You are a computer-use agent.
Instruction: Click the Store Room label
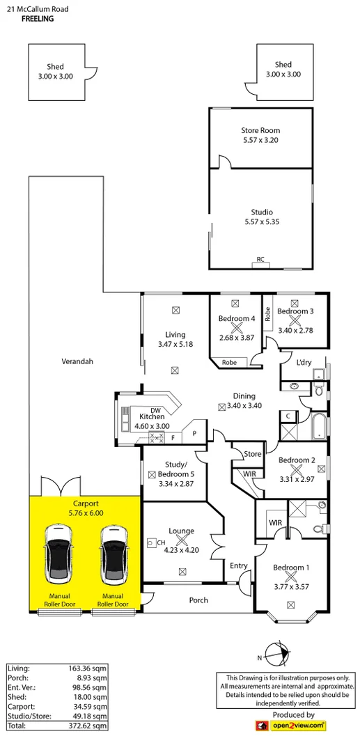(260, 130)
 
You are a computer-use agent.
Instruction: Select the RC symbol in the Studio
(260, 259)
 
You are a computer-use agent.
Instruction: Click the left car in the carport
(58, 554)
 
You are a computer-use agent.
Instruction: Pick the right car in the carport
(113, 554)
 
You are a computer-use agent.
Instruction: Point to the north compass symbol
(279, 655)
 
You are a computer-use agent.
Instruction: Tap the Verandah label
(77, 361)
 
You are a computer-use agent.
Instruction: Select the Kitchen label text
(151, 416)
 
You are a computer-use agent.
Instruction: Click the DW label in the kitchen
(155, 409)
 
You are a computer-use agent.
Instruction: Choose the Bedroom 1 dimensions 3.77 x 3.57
(290, 577)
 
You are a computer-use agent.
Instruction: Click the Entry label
(238, 565)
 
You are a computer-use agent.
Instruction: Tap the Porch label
(198, 600)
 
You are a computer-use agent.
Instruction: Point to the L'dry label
(304, 363)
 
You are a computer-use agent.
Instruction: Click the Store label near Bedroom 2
(253, 454)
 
